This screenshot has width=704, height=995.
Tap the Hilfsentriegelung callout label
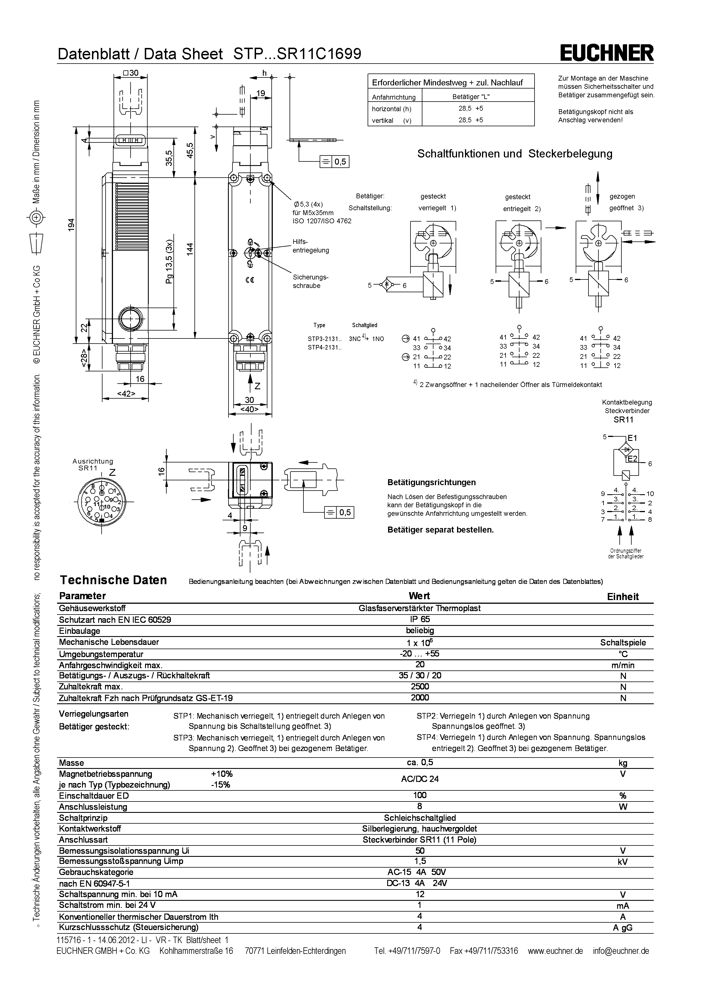click(310, 246)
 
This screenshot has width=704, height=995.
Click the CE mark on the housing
click(250, 280)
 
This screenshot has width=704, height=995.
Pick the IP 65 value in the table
click(420, 619)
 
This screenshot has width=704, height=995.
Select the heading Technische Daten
click(113, 580)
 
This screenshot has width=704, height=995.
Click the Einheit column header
click(623, 597)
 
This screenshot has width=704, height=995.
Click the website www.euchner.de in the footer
click(555, 951)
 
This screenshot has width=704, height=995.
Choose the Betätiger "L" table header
click(471, 97)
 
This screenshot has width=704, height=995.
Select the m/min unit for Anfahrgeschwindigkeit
click(623, 665)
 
